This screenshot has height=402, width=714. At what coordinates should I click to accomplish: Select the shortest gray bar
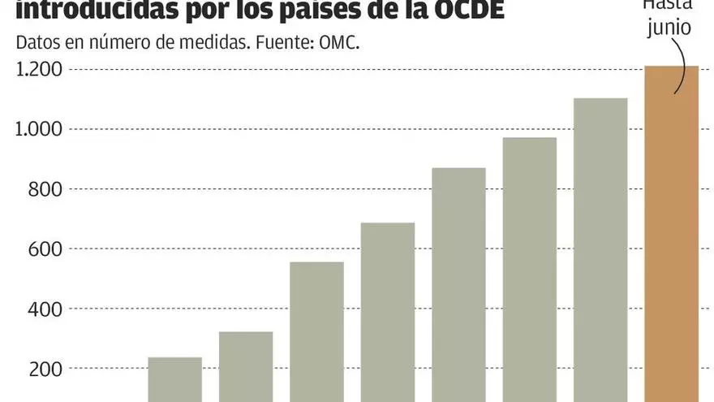[x=174, y=379]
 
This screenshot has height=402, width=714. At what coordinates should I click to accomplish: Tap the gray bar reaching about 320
[x=246, y=366]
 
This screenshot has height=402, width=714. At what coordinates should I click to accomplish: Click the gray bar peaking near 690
[x=388, y=312]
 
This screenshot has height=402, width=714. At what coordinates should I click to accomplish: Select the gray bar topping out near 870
[x=458, y=284]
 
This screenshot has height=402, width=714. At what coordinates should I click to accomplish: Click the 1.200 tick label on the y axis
[x=39, y=70]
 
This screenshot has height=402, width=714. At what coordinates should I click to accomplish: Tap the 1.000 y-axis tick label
[x=39, y=130]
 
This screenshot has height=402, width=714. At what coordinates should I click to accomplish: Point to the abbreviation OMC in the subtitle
[x=334, y=43]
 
